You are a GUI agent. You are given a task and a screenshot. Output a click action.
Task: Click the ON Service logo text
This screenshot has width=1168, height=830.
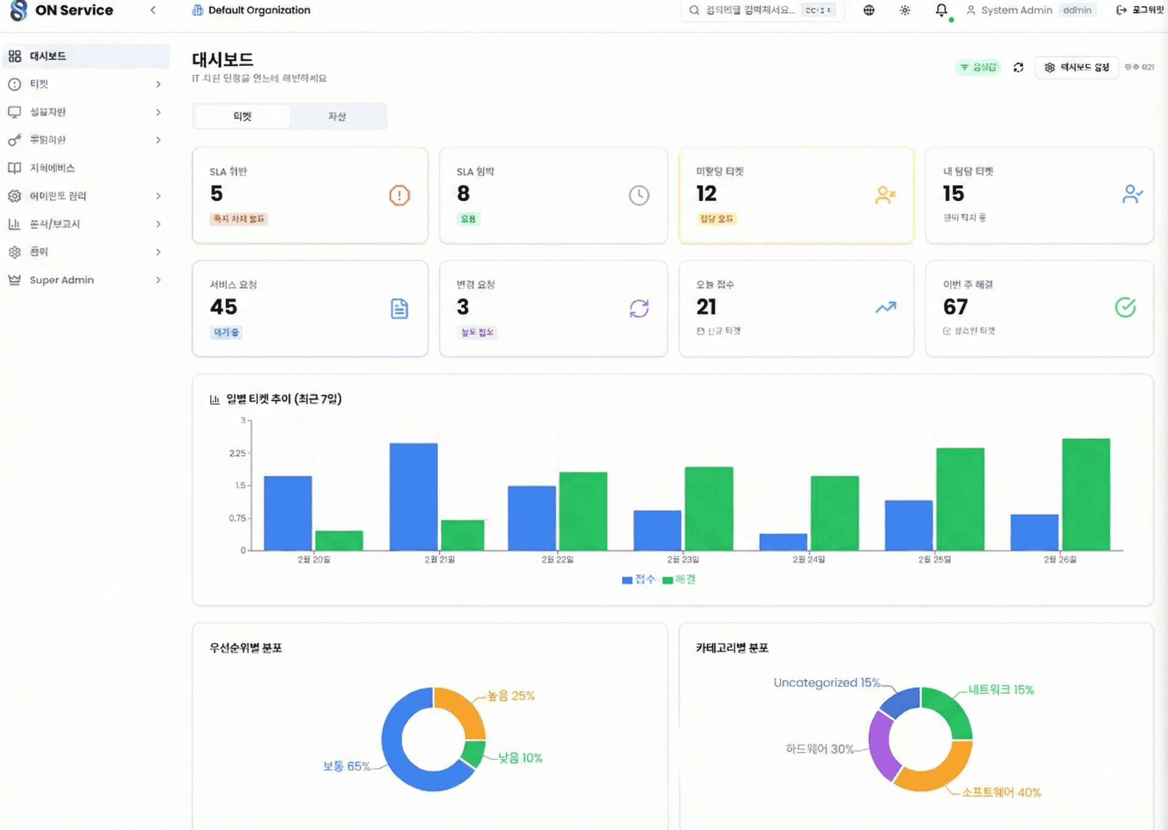(74, 10)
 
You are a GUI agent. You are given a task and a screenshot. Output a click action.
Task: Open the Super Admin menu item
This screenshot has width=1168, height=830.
(61, 280)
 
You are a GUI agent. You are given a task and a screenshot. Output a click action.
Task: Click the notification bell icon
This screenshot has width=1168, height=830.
(941, 10)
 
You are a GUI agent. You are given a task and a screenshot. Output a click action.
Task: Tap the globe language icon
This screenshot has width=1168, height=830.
(869, 10)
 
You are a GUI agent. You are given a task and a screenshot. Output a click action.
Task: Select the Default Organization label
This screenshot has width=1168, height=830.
(259, 10)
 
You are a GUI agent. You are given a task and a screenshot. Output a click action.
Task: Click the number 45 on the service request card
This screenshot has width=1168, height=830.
(223, 307)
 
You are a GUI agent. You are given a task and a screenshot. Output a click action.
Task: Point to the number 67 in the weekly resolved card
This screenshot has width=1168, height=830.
(955, 307)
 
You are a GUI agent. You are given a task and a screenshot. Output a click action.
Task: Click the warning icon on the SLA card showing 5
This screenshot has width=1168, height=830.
(399, 195)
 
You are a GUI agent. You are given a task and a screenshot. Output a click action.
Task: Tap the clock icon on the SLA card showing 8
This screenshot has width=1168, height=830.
(639, 195)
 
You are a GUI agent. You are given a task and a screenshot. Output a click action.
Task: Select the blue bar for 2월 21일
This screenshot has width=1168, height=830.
(413, 497)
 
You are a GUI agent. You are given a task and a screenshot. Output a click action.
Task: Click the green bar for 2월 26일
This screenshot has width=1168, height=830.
(1085, 494)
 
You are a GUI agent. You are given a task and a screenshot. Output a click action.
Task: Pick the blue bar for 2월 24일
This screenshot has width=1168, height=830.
(783, 542)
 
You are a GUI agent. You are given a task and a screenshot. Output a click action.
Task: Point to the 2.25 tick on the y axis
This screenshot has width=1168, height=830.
(237, 453)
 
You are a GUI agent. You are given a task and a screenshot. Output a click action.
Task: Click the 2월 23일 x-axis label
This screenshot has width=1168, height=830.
(683, 559)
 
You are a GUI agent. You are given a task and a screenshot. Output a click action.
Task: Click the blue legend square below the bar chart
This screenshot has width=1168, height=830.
(627, 580)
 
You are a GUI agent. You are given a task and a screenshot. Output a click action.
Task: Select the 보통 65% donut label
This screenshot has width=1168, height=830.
(346, 766)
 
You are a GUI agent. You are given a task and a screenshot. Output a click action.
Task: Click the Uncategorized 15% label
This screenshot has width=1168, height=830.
(827, 683)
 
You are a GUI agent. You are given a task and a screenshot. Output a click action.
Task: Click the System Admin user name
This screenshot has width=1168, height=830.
(1016, 10)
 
